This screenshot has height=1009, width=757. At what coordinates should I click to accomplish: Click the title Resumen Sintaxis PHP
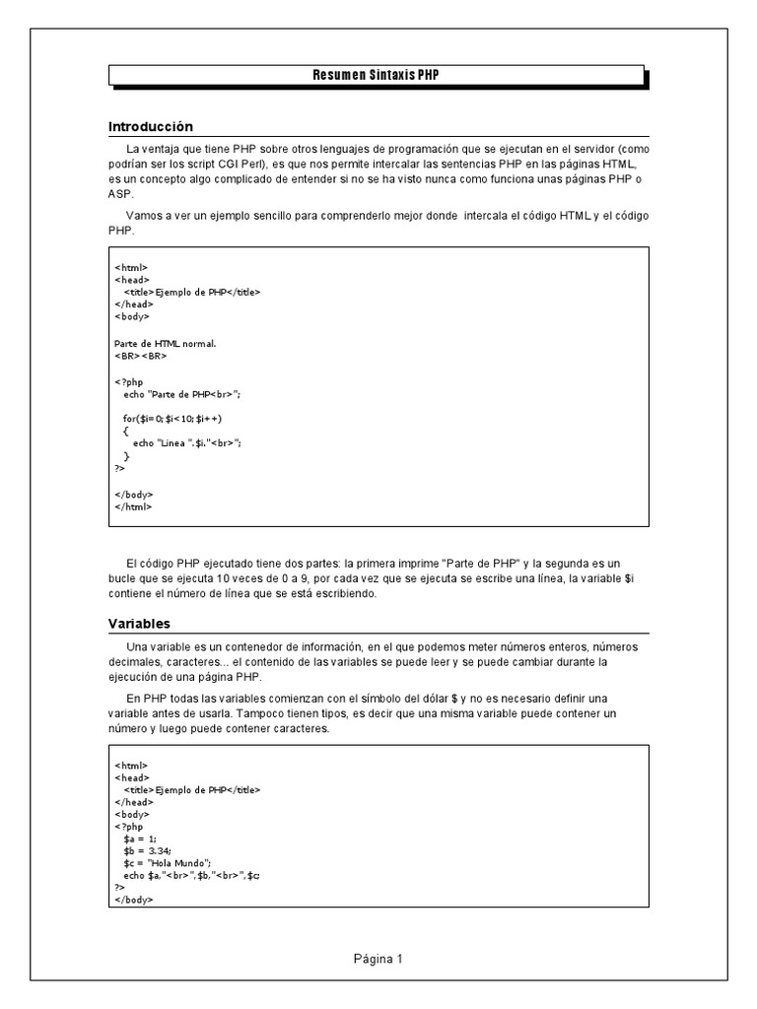coord(377,76)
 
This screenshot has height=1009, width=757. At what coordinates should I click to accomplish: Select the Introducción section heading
coord(150,126)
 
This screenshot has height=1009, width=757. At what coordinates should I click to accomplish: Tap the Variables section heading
coord(139,623)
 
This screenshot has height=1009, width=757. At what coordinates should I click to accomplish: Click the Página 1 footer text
coord(378,958)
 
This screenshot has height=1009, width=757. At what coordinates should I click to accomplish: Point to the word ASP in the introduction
coord(119,195)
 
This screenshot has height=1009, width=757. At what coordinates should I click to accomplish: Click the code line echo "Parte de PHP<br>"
coord(182,393)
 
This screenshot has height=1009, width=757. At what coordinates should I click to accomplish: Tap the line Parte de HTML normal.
coord(165,343)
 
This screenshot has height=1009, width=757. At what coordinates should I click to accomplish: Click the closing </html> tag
coord(133,506)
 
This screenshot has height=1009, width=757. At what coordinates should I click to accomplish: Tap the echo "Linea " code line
coord(187,443)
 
